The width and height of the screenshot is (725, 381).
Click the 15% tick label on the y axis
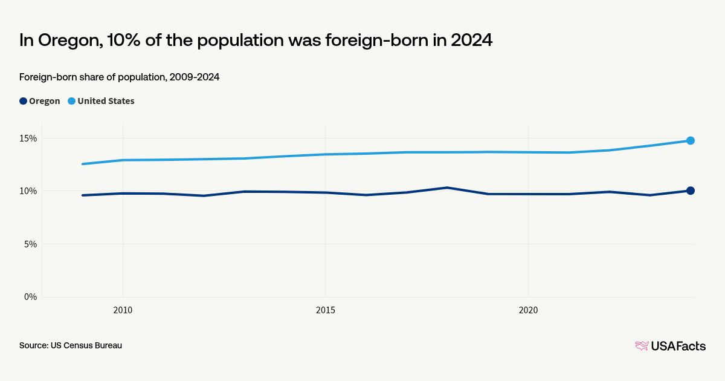point(28,138)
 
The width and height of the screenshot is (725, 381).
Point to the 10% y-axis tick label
point(28,191)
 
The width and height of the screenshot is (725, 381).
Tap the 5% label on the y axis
point(30,244)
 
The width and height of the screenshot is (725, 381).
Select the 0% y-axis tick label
point(30,297)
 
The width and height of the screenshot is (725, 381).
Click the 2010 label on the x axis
point(123,310)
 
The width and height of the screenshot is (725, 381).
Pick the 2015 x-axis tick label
point(326,310)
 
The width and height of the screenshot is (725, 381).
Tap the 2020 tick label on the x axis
point(528,310)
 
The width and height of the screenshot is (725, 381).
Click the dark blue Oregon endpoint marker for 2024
point(690,190)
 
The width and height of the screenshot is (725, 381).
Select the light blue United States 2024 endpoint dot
point(690,140)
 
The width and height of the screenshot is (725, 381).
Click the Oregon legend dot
point(23,101)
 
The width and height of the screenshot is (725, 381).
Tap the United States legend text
point(106,101)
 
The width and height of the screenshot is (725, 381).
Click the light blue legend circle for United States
point(71,101)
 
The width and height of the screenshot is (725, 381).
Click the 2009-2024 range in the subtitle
point(195,77)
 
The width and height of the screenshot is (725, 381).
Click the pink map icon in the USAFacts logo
point(642,346)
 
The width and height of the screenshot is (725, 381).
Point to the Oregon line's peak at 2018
point(447,187)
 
